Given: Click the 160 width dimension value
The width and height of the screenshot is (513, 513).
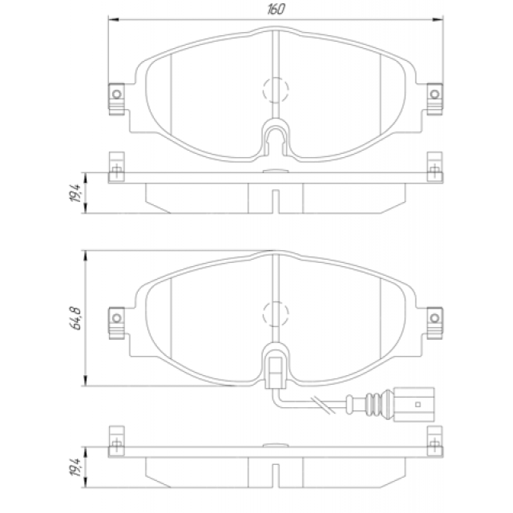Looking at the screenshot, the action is click(276, 9).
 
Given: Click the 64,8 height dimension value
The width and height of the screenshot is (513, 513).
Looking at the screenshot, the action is click(75, 318).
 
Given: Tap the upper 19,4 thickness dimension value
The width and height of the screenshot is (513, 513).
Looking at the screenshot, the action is click(75, 193).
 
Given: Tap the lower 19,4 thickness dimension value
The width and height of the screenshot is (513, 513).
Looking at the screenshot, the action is click(75, 467).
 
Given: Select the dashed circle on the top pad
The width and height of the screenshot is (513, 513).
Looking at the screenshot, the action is click(276, 78).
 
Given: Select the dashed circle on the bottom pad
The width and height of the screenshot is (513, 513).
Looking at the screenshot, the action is click(276, 301).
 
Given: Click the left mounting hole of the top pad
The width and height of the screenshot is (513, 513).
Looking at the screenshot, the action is click(117, 94).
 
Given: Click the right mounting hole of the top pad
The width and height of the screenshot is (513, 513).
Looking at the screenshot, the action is click(435, 94).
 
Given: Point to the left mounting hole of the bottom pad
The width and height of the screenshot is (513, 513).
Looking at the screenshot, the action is click(117, 317).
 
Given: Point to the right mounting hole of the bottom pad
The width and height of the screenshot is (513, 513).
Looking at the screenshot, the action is click(435, 317).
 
